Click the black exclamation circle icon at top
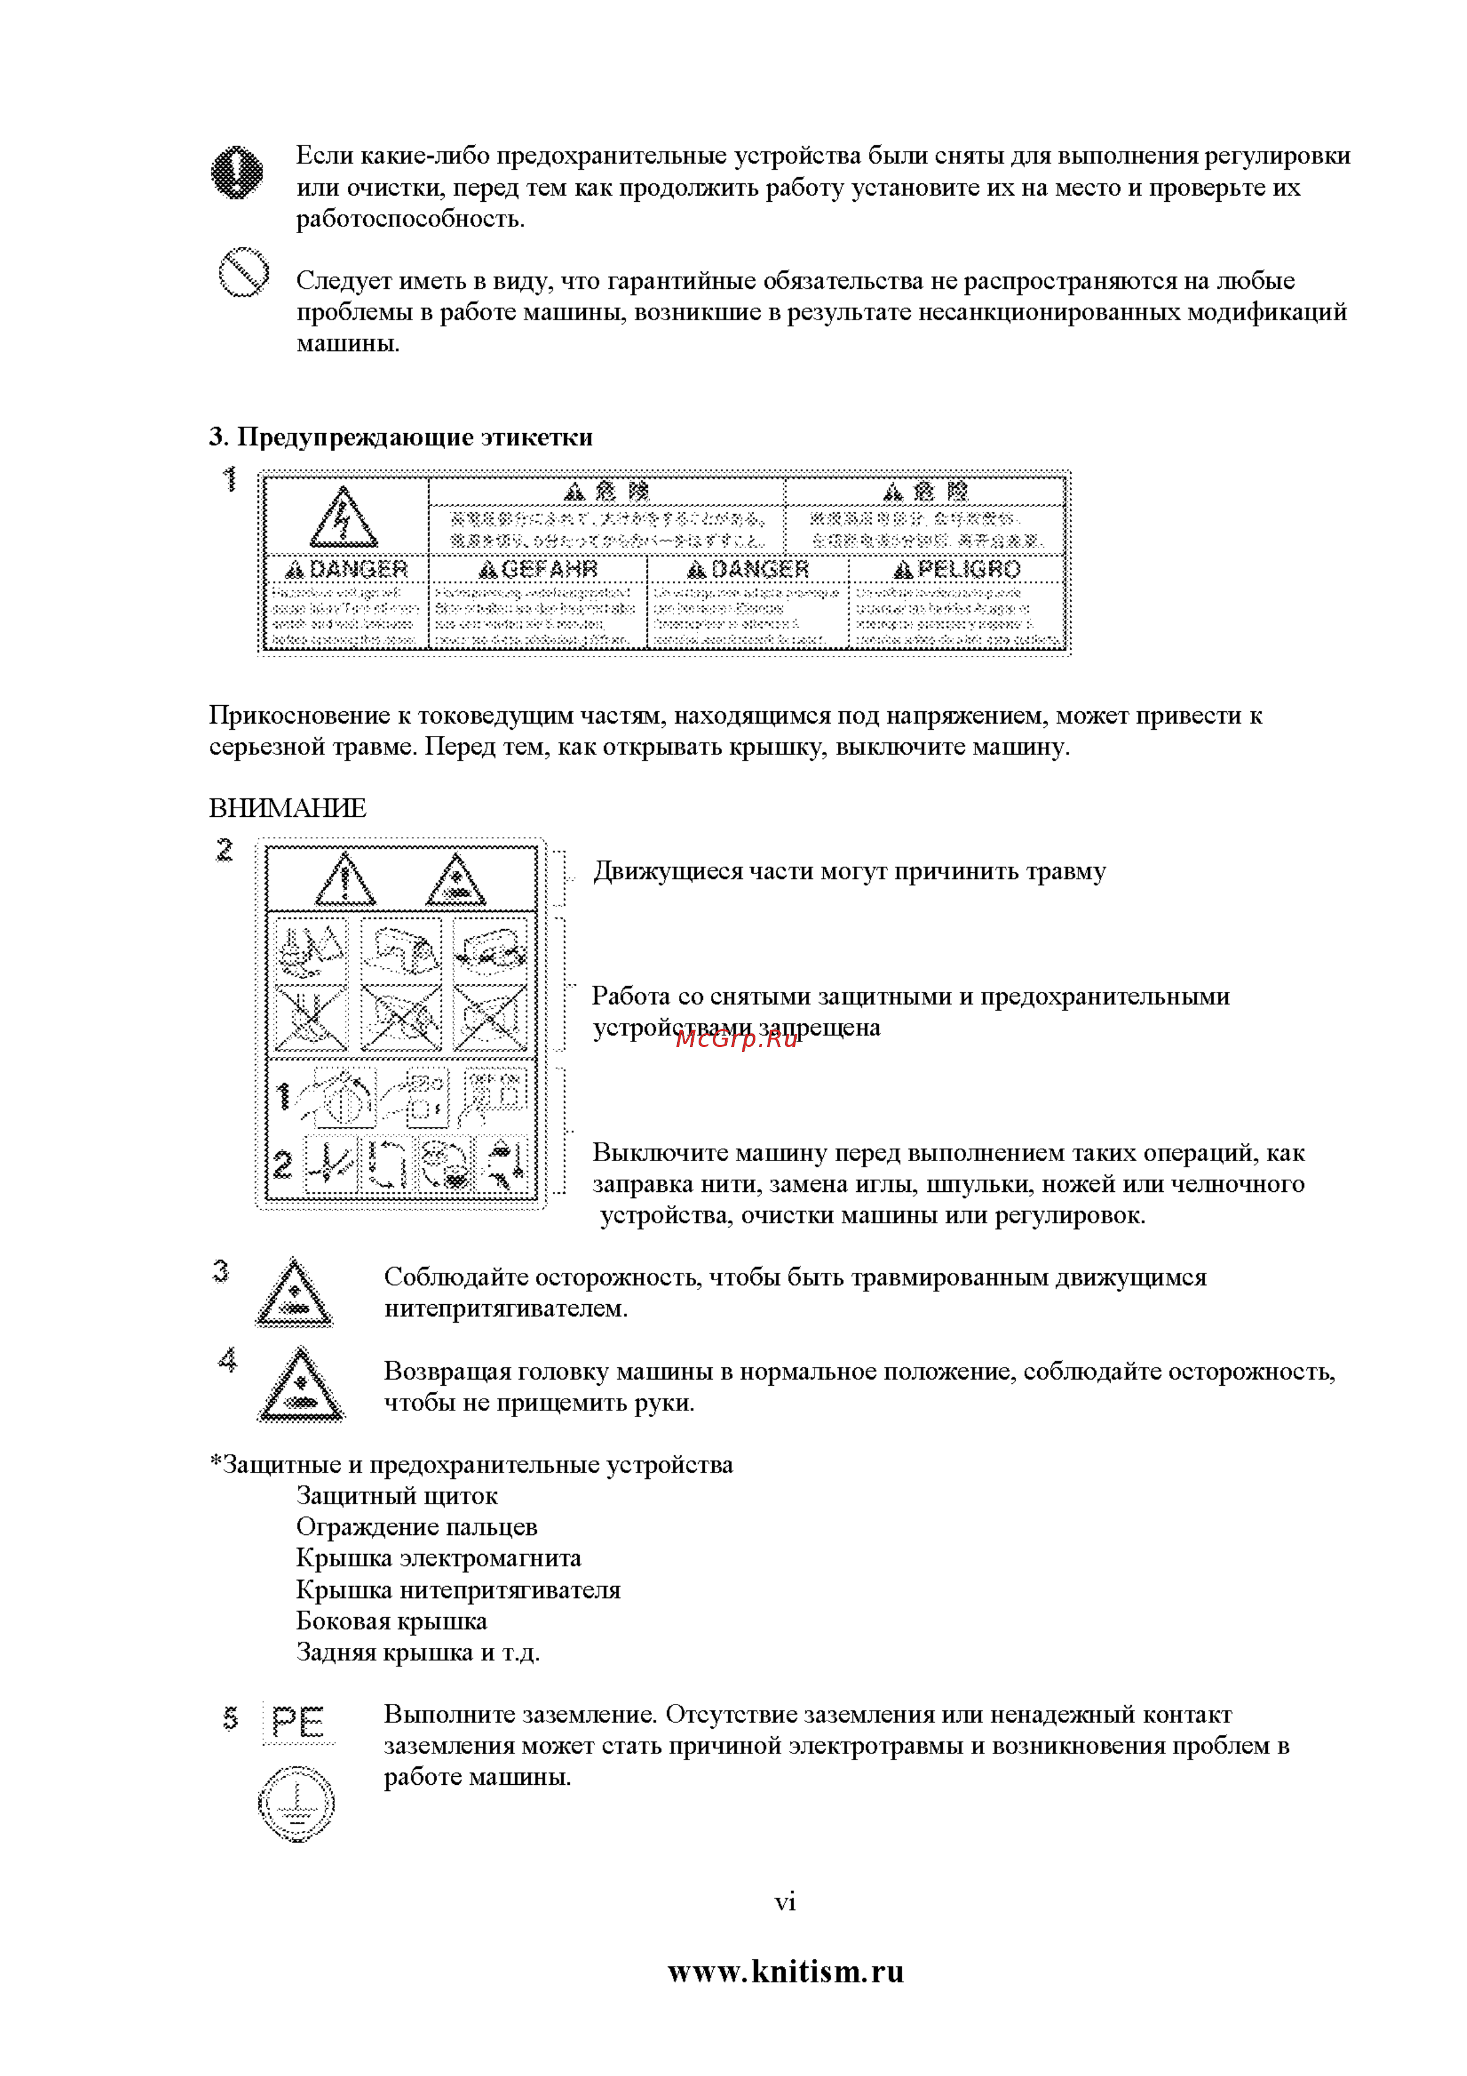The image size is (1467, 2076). click(x=237, y=172)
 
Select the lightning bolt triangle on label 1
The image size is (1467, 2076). click(x=343, y=518)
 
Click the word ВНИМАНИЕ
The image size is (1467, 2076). click(x=287, y=808)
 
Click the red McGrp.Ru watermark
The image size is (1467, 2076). click(x=737, y=1039)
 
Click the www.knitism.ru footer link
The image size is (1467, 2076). click(x=786, y=1971)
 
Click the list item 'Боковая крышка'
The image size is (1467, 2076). click(x=392, y=1621)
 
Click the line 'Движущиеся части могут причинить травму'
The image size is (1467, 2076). click(x=849, y=872)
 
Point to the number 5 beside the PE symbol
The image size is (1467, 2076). click(x=231, y=1718)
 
